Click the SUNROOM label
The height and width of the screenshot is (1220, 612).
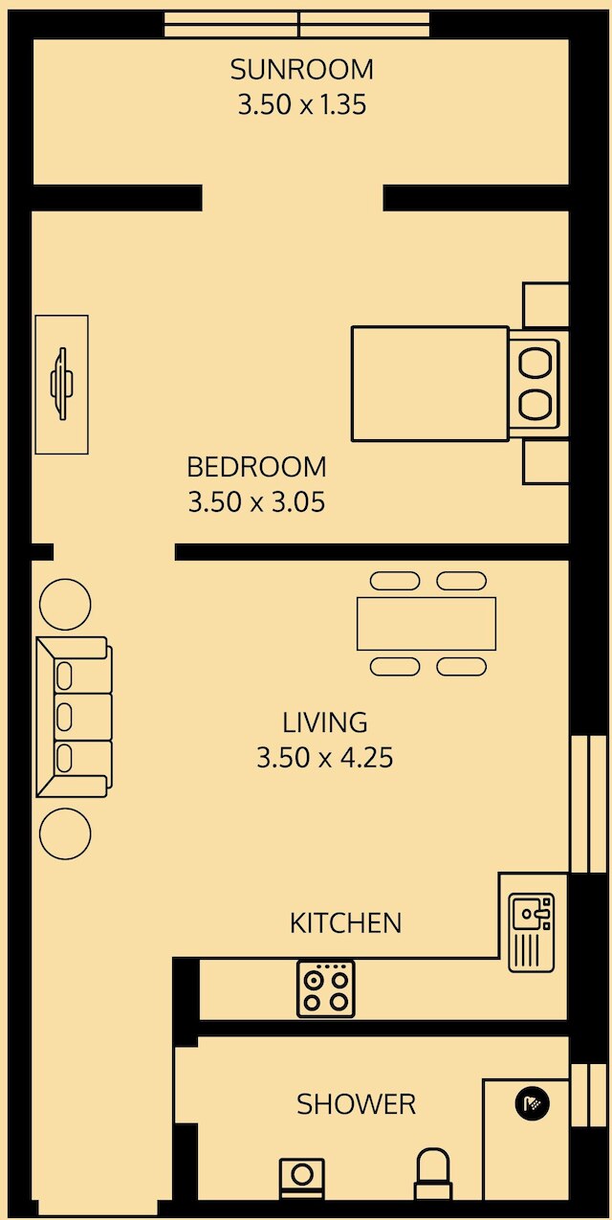(301, 70)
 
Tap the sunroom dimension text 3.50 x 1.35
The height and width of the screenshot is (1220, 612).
(301, 104)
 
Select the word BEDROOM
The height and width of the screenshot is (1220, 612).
(256, 467)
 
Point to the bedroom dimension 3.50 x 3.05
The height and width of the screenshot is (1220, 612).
(256, 502)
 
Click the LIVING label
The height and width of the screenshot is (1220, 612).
(325, 722)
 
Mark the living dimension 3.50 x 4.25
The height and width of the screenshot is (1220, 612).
(325, 758)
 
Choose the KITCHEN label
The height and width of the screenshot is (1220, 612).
(346, 922)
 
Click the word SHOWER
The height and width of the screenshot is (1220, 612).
(356, 1104)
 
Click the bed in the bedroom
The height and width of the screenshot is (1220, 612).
(455, 384)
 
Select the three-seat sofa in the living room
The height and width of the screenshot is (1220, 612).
(74, 718)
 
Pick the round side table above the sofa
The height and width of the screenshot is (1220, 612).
(65, 604)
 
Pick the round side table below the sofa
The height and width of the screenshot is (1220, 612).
(65, 833)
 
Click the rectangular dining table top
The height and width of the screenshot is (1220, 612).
(426, 624)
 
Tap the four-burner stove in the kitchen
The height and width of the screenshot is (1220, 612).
(325, 988)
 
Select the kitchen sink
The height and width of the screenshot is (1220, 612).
(532, 933)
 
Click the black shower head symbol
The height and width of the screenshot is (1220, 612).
(533, 1104)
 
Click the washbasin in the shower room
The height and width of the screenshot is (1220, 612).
(302, 1178)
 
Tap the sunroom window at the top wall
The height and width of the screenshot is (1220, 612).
(296, 25)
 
